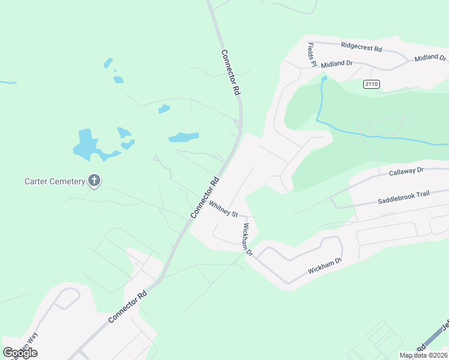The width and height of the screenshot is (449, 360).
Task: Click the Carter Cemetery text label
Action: (55, 181)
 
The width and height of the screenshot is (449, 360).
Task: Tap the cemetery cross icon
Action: (94, 180)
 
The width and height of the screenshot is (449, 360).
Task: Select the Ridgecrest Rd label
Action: (361, 46)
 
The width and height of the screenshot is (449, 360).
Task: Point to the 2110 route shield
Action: (371, 85)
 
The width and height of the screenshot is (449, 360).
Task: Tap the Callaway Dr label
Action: (406, 171)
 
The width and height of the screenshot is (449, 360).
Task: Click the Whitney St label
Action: (223, 209)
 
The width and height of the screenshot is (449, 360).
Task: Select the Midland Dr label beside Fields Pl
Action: (336, 64)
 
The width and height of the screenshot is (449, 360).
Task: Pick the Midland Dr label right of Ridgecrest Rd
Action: (431, 58)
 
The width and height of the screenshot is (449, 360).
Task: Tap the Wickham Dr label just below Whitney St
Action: (246, 239)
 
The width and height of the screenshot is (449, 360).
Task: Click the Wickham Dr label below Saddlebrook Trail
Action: (325, 266)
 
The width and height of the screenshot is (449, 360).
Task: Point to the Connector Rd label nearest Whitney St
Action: (203, 198)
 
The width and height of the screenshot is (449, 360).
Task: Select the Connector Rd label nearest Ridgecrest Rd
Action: (230, 73)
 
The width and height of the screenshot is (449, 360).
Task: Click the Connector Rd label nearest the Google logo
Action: (127, 308)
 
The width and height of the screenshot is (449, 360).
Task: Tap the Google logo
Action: (20, 353)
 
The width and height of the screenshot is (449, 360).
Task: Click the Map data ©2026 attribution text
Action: (423, 355)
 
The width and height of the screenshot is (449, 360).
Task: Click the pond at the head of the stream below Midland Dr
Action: (324, 77)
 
